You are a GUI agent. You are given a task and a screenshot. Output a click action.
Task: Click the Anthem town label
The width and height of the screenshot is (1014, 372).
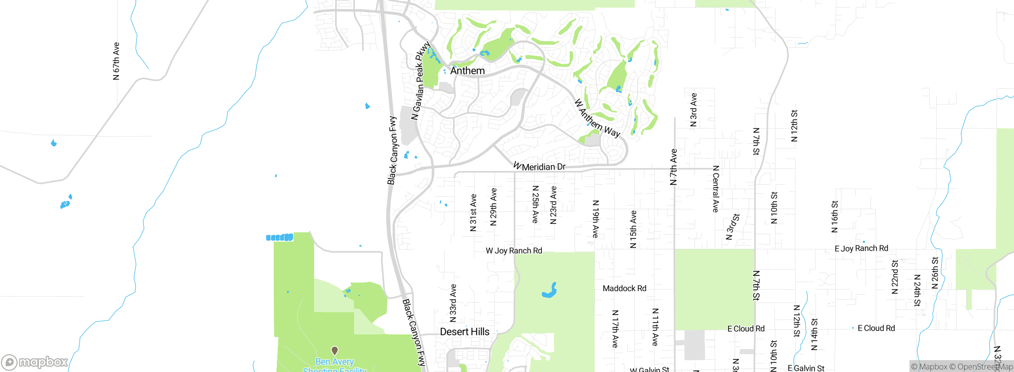pyautogui.click(x=467, y=71)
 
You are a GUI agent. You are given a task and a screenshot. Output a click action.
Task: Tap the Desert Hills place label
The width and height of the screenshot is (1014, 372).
pyautogui.click(x=465, y=332)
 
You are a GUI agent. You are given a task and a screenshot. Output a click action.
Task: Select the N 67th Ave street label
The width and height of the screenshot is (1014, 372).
pyautogui.click(x=116, y=61)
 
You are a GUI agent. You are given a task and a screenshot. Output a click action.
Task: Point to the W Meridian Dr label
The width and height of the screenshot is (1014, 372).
pyautogui.click(x=539, y=167)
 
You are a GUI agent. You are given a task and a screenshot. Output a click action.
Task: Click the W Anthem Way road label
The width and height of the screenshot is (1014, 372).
pyautogui.click(x=597, y=118)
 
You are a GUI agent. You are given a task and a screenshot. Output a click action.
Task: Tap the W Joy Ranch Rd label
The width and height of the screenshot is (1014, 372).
pyautogui.click(x=514, y=251)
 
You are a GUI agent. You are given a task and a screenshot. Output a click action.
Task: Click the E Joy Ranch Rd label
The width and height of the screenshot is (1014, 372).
pyautogui.click(x=861, y=249)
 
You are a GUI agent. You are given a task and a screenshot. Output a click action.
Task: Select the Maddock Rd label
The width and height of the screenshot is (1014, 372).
pyautogui.click(x=624, y=288)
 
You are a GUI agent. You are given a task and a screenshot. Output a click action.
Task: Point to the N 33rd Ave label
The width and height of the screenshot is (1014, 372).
pyautogui.click(x=453, y=303)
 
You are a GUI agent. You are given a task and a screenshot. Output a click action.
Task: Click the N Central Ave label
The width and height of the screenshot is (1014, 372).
pyautogui.click(x=715, y=189)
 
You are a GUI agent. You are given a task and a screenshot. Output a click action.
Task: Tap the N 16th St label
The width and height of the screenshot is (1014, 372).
pyautogui.click(x=835, y=216)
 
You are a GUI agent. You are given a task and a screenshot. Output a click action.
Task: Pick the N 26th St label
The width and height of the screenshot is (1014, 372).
pyautogui.click(x=935, y=273)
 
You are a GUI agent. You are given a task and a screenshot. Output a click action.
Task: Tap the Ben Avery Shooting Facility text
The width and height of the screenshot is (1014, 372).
pyautogui.click(x=335, y=366)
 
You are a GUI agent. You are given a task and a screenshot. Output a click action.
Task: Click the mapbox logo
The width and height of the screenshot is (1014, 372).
pyautogui.click(x=35, y=362)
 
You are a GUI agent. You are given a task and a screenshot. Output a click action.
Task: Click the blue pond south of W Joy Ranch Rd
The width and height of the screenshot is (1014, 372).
pyautogui.click(x=550, y=291)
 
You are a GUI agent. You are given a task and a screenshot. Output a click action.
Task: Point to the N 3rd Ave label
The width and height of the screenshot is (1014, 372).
pyautogui.click(x=693, y=110)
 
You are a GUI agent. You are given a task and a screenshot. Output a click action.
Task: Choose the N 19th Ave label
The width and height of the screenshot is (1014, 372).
pyautogui.click(x=595, y=219)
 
